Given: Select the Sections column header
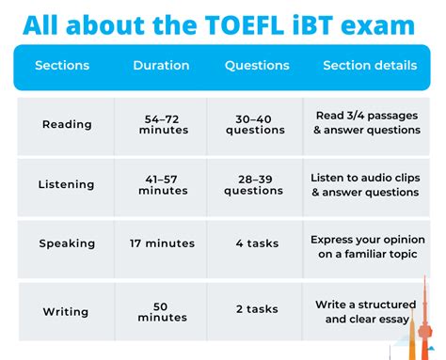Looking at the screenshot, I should (x=61, y=66).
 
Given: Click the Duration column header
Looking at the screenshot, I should (x=161, y=66).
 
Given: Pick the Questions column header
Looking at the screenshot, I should (x=256, y=66).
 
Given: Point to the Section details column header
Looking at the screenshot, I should (x=370, y=66).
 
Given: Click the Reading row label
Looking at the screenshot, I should (x=66, y=124).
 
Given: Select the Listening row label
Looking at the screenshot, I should (x=66, y=184).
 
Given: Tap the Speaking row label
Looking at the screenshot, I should (x=67, y=243).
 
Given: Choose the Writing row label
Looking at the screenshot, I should (x=66, y=311).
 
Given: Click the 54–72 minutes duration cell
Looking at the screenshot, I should (x=163, y=124).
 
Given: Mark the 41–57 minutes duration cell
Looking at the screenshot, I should (x=163, y=184).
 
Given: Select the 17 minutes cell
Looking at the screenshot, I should (x=163, y=243).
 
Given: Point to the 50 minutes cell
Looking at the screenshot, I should (x=163, y=311).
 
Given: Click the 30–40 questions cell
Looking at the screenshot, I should (x=256, y=124).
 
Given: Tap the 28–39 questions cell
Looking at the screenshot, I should (x=256, y=184).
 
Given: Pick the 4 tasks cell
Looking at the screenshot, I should (x=256, y=243).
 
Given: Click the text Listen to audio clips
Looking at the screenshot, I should (x=364, y=177).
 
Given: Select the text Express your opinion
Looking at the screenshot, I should (x=364, y=239).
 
